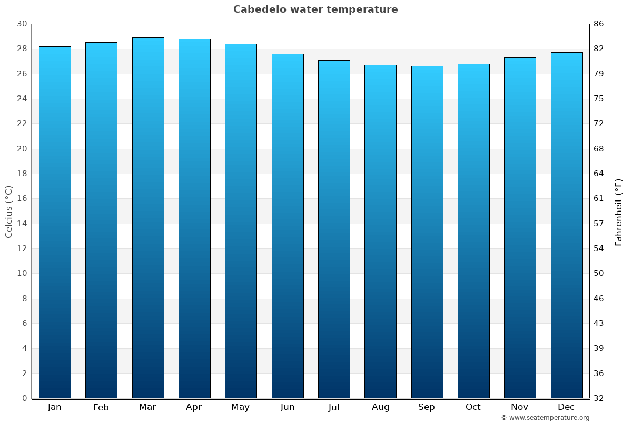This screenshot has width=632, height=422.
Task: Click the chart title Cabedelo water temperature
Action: coord(315,9)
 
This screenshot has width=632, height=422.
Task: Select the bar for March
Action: coord(148,218)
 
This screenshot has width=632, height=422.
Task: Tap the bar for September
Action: coord(427,232)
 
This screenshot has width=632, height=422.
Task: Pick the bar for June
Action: coord(288,226)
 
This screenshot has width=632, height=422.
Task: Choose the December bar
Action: coord(567,225)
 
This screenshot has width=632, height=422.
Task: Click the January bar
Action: coord(55,222)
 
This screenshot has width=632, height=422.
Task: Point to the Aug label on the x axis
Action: coord(380,407)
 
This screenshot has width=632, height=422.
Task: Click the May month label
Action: coord(241,407)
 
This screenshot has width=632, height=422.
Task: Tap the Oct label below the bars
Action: coord(473,407)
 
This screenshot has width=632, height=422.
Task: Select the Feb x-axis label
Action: coord(101,407)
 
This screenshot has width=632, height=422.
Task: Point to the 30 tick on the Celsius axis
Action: coord(22,24)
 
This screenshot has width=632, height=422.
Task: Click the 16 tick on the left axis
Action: coord(22,199)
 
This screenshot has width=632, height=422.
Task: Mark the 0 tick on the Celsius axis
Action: coord(24,398)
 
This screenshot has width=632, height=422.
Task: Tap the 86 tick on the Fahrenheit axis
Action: coord(599,24)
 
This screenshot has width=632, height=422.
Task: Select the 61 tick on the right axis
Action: coord(599,199)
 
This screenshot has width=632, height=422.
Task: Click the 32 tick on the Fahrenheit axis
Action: coord(599,398)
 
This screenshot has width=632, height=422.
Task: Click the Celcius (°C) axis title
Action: coord(8,212)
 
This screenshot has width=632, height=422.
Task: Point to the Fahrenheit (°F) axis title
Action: coord(619,212)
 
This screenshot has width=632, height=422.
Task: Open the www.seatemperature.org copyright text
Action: coord(545,418)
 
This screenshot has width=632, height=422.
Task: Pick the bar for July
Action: coord(334,229)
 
